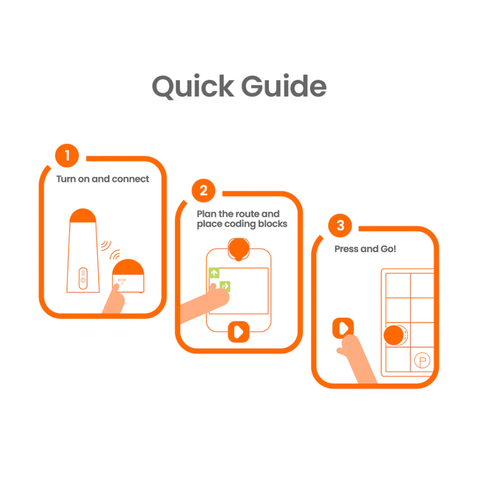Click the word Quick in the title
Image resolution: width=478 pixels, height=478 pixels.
tap(193, 87)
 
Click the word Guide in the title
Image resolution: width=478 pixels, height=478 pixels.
tap(284, 86)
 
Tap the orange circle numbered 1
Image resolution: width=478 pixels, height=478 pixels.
tap(67, 156)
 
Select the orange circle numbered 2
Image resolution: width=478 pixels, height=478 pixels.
tap(203, 191)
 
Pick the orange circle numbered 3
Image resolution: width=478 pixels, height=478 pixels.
tap(340, 225)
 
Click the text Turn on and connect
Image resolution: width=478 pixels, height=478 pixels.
tap(103, 179)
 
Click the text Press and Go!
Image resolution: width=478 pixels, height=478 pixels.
tap(365, 249)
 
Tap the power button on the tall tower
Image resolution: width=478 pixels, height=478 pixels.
tap(83, 280)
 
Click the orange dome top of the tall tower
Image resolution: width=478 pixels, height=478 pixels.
tap(83, 215)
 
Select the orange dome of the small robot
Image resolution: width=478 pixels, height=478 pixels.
tap(128, 267)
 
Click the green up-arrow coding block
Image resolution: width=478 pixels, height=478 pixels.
tap(214, 273)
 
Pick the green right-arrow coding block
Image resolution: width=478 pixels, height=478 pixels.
tap(225, 286)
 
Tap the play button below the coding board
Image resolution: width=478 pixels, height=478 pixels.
tap(239, 332)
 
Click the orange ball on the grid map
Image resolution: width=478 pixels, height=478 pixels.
tap(394, 335)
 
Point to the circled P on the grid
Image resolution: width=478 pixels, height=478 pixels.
tap(422, 361)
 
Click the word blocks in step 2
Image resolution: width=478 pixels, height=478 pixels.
tap(272, 224)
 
